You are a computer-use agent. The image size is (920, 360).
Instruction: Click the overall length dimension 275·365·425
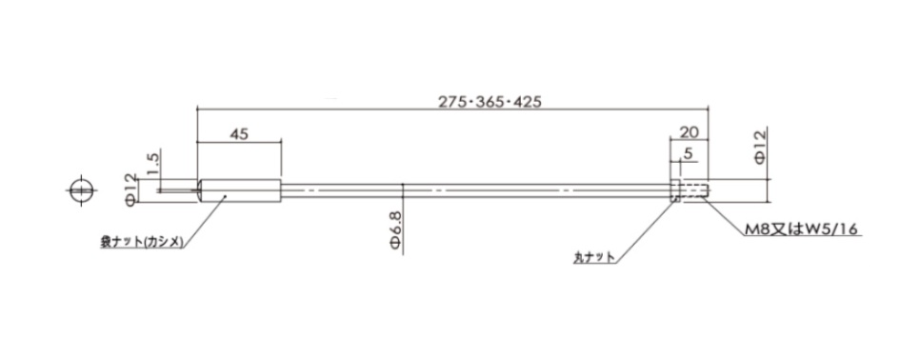coord(490,102)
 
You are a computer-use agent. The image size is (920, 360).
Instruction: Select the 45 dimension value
coord(239,133)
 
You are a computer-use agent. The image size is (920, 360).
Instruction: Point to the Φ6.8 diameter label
coord(395,231)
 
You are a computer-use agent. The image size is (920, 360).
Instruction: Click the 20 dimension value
coord(688,132)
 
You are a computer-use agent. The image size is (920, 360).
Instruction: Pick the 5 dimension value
coord(689,153)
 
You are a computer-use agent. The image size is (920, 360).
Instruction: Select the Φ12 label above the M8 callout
coord(760,147)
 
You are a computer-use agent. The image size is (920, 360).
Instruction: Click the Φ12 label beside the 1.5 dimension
coord(130,190)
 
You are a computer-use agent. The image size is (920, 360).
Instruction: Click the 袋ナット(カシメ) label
coord(143,242)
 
